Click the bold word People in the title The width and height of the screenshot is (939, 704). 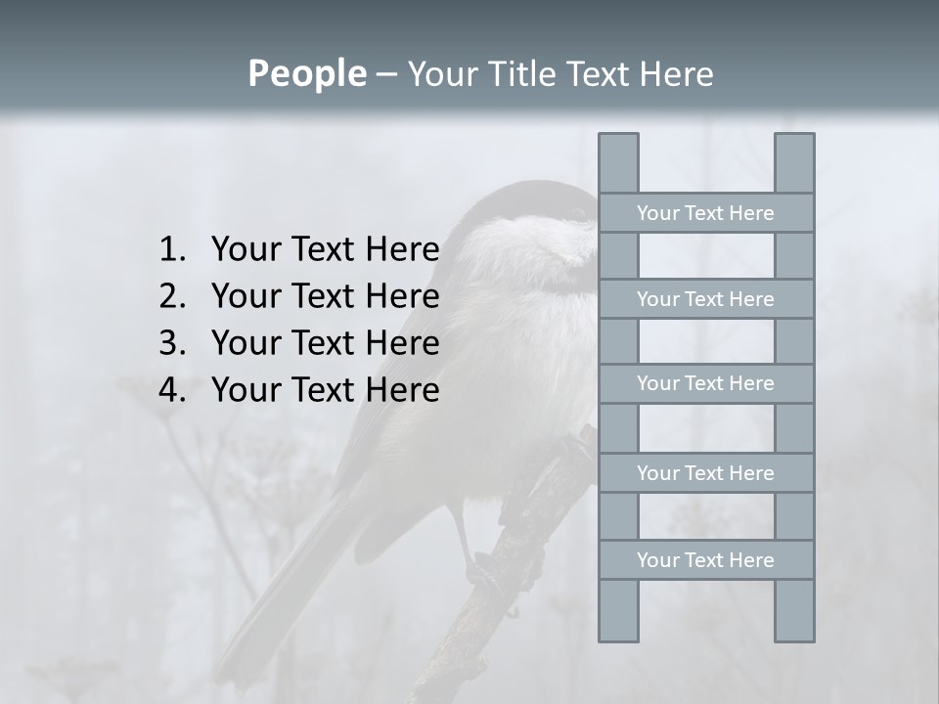tap(306, 73)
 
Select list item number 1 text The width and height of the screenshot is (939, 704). tap(325, 250)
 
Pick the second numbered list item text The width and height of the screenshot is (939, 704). tap(325, 296)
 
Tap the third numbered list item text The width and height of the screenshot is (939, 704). tap(325, 343)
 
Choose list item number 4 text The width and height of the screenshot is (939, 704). tap(325, 390)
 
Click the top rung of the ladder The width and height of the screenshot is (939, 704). tap(705, 213)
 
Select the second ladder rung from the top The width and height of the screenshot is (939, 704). tap(705, 299)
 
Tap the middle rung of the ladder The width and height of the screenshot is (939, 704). tap(705, 384)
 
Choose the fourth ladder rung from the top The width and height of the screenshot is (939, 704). tap(705, 473)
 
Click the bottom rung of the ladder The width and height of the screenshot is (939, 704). tap(705, 560)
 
